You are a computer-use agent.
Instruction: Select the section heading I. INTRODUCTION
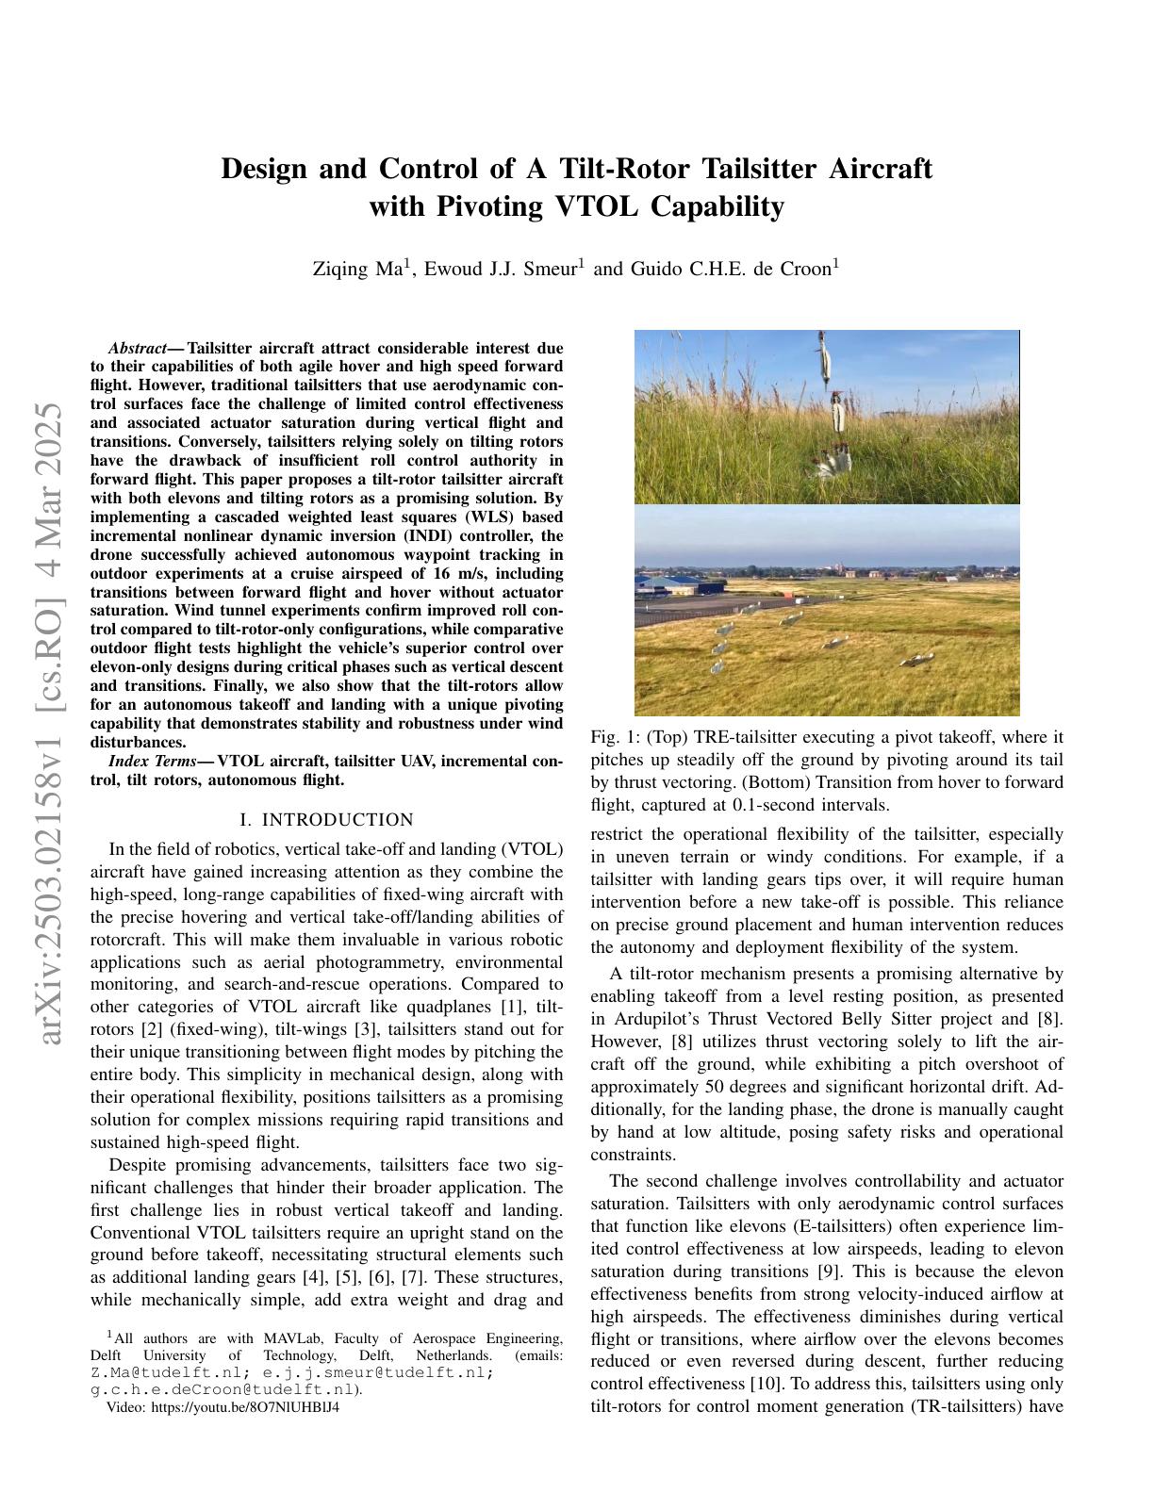pos(327,820)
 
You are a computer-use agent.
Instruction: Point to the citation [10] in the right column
pos(765,1385)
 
